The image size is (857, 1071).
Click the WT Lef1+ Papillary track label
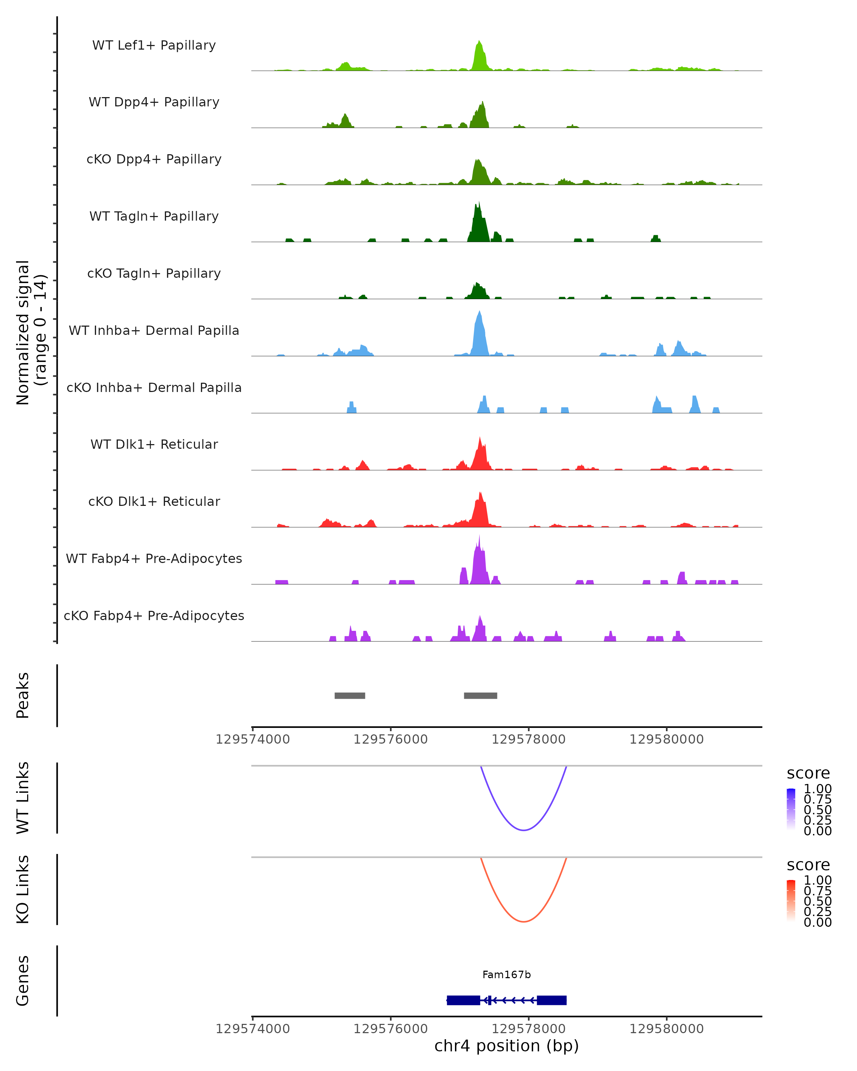[x=154, y=45]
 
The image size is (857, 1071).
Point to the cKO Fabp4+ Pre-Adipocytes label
[x=154, y=615]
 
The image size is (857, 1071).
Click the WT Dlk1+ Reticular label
[x=154, y=444]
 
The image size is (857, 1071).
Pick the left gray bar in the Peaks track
[x=350, y=695]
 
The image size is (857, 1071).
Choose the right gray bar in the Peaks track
[x=480, y=695]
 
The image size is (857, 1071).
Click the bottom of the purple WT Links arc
[x=523, y=830]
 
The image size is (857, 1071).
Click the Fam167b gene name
[x=506, y=975]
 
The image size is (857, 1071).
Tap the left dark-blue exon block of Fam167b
[x=463, y=1000]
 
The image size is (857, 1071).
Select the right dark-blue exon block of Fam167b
[x=551, y=1000]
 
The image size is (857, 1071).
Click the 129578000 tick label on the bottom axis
[x=528, y=1028]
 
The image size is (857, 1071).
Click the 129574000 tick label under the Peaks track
[x=252, y=739]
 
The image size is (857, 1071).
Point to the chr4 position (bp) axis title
[x=506, y=1046]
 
